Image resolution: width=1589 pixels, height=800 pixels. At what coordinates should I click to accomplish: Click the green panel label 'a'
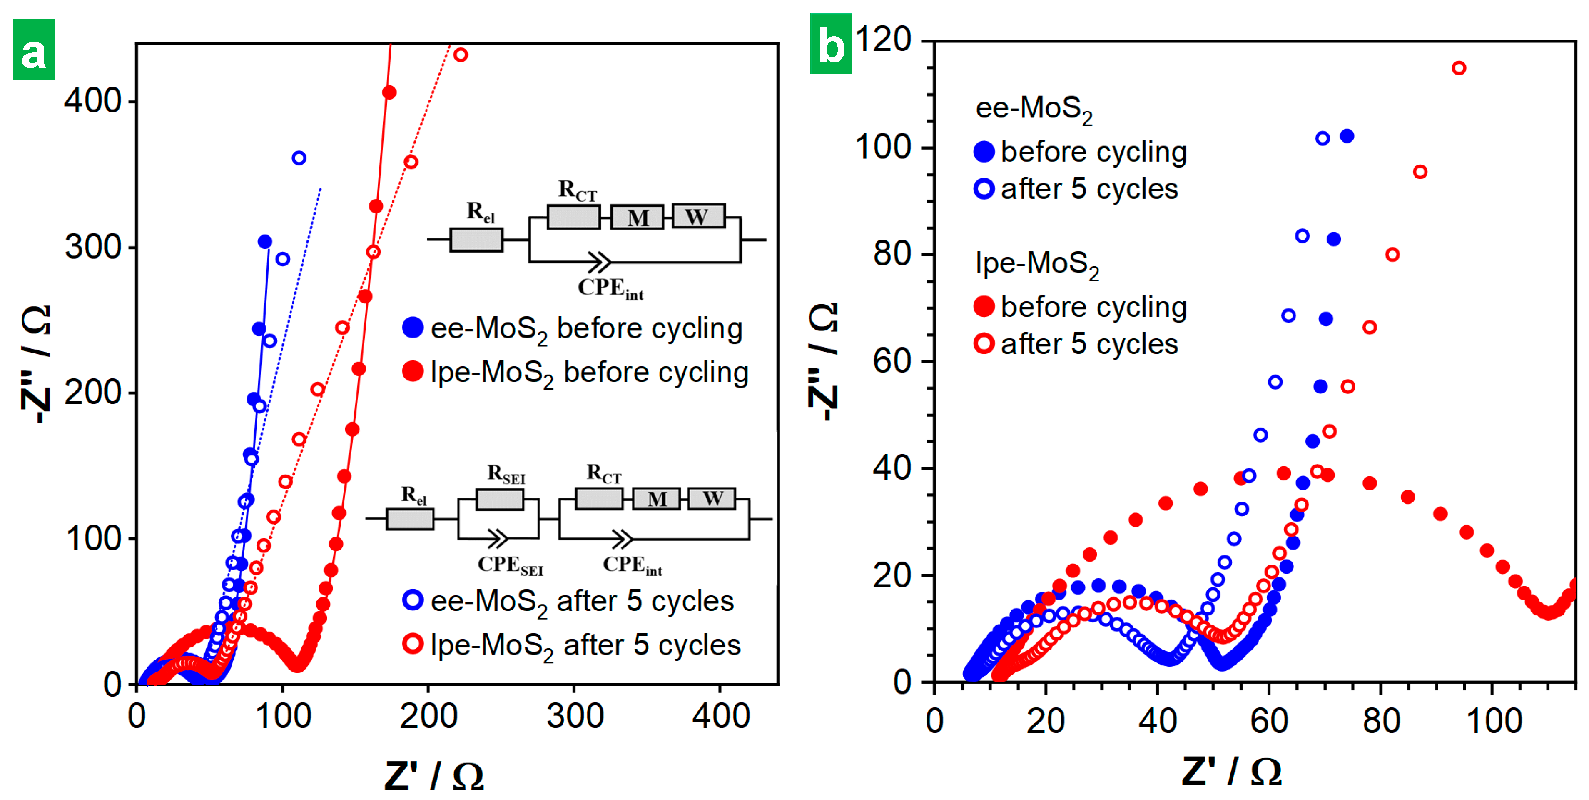pyautogui.click(x=34, y=50)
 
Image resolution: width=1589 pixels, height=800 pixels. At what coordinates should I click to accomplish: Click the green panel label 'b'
pyautogui.click(x=830, y=45)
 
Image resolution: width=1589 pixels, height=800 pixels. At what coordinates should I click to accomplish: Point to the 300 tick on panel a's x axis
pyautogui.click(x=574, y=717)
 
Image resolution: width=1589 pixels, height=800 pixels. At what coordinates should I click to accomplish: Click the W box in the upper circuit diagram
pyautogui.click(x=697, y=217)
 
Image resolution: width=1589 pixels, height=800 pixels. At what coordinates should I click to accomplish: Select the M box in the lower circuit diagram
pyautogui.click(x=656, y=499)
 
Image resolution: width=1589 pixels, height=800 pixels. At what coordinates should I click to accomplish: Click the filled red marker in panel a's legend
pyautogui.click(x=412, y=372)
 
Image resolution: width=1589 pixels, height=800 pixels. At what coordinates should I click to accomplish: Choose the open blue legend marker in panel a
pyautogui.click(x=412, y=600)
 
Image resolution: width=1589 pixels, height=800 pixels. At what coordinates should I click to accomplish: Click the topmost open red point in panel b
pyautogui.click(x=1458, y=68)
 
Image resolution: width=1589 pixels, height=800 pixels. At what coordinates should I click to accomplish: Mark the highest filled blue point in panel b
pyautogui.click(x=1347, y=136)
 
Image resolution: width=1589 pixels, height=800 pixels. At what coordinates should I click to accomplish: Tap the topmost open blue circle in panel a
pyautogui.click(x=299, y=158)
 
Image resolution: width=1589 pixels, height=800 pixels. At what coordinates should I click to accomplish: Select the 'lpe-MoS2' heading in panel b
pyautogui.click(x=1036, y=264)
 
